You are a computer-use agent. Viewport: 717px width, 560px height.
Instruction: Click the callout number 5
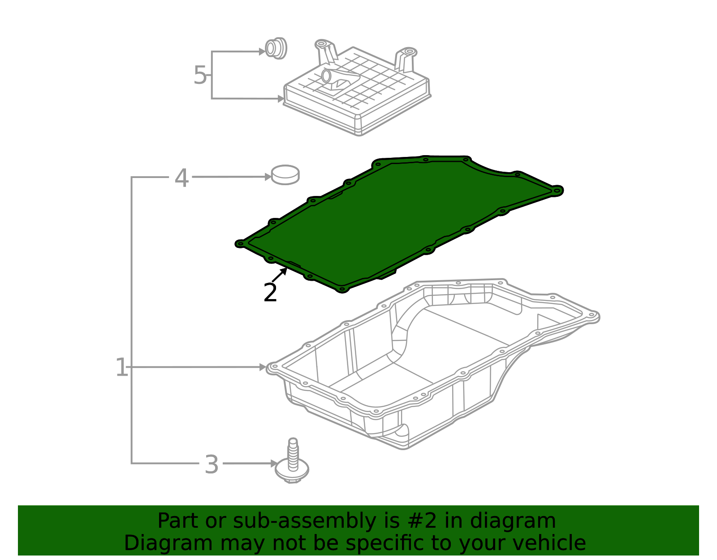200,75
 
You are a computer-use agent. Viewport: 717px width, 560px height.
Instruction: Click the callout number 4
181,178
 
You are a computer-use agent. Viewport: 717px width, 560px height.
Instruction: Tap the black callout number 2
270,293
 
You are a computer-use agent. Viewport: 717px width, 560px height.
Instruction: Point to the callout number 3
212,464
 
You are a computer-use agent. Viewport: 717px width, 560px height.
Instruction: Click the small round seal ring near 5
276,48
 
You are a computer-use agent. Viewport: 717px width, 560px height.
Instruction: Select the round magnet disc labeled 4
285,175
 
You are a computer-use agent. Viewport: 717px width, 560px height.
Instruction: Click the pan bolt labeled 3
292,461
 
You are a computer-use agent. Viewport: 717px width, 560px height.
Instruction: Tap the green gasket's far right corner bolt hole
557,191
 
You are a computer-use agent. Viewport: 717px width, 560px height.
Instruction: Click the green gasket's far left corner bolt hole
241,244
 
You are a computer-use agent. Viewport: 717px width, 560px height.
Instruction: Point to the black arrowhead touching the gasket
283,272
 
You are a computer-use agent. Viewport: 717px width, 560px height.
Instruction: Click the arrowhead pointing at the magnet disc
268,177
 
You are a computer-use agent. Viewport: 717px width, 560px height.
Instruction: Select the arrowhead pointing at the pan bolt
273,463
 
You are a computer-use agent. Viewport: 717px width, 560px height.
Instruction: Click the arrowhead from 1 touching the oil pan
263,367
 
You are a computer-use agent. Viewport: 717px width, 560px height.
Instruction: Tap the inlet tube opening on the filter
326,76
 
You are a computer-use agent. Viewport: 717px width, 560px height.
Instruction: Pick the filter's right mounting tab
406,59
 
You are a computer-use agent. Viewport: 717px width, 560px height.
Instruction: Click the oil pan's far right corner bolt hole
592,314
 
